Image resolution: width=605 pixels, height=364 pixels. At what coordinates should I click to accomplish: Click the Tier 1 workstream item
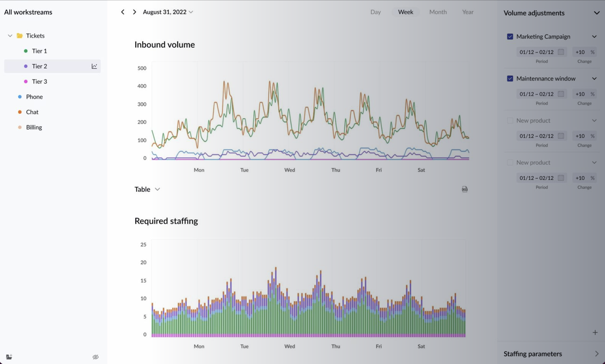(x=39, y=51)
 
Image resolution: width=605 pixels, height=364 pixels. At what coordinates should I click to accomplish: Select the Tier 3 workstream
(x=39, y=82)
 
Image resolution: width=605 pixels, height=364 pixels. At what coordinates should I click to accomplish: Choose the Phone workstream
(x=34, y=97)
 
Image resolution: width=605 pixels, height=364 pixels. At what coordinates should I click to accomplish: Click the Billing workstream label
(x=34, y=127)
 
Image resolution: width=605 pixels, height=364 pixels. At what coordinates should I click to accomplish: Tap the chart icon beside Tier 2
(x=94, y=66)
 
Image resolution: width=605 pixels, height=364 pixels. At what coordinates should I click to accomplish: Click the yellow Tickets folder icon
(x=20, y=35)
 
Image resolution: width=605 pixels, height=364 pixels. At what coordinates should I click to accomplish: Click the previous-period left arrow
(x=123, y=12)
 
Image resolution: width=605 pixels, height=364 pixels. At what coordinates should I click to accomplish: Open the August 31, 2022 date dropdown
(x=168, y=12)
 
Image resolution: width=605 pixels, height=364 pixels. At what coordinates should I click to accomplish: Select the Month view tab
(x=438, y=12)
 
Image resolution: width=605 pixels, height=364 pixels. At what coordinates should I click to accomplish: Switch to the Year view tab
(x=468, y=12)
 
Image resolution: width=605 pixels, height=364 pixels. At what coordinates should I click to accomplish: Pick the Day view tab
(x=375, y=12)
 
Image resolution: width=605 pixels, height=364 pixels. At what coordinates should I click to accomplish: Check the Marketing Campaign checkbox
(x=510, y=37)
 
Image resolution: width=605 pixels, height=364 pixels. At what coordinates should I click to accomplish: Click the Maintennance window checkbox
(x=510, y=78)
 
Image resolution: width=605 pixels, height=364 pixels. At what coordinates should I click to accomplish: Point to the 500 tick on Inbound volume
(x=142, y=68)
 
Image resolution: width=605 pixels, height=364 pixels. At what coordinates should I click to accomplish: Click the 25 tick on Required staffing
(x=143, y=244)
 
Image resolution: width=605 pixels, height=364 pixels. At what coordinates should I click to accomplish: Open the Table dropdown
(x=147, y=190)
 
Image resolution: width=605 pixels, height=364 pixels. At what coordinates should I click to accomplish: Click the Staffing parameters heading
(x=533, y=354)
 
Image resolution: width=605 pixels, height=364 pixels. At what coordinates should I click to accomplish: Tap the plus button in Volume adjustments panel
(x=595, y=332)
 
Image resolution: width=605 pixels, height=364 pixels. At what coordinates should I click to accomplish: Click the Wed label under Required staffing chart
(x=290, y=346)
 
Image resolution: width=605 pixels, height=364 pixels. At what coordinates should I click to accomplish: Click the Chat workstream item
(x=32, y=112)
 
